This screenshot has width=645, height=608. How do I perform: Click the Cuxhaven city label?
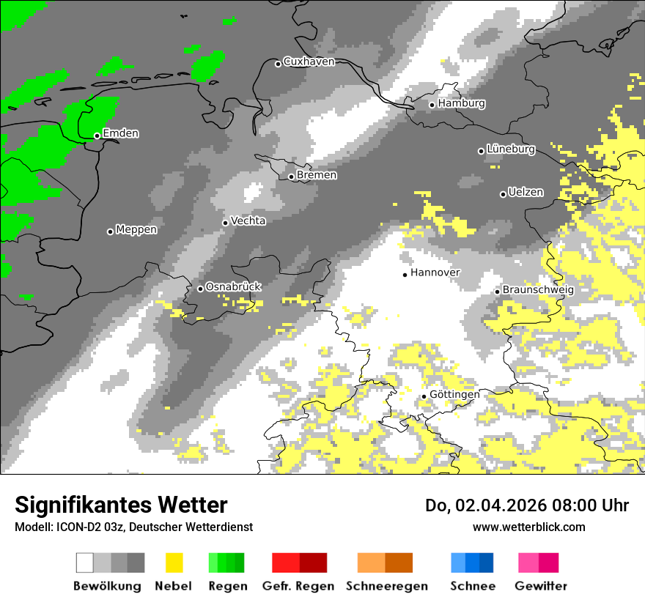click(309, 62)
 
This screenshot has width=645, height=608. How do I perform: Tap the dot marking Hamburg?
click(432, 105)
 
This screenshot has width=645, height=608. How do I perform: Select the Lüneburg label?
click(511, 149)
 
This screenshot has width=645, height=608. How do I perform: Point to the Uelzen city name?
click(526, 192)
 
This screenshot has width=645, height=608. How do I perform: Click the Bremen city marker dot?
click(291, 177)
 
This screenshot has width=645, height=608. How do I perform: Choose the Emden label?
click(120, 133)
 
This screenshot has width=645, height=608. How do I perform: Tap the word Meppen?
click(136, 229)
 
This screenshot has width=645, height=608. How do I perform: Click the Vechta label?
click(248, 220)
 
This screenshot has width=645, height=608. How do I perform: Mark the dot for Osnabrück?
click(200, 289)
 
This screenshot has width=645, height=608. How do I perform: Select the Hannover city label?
click(435, 273)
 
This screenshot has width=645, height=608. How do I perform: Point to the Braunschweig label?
click(538, 289)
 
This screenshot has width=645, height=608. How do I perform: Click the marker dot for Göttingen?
click(424, 396)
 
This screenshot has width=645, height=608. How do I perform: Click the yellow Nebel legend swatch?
click(174, 563)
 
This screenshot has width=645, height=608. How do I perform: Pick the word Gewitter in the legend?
click(541, 586)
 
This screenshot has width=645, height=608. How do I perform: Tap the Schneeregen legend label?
click(387, 586)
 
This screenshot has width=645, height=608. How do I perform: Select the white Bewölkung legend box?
click(85, 563)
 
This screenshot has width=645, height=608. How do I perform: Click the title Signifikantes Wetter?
click(121, 505)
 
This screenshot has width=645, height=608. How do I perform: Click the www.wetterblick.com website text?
click(528, 527)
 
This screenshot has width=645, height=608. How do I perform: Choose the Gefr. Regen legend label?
click(298, 586)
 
